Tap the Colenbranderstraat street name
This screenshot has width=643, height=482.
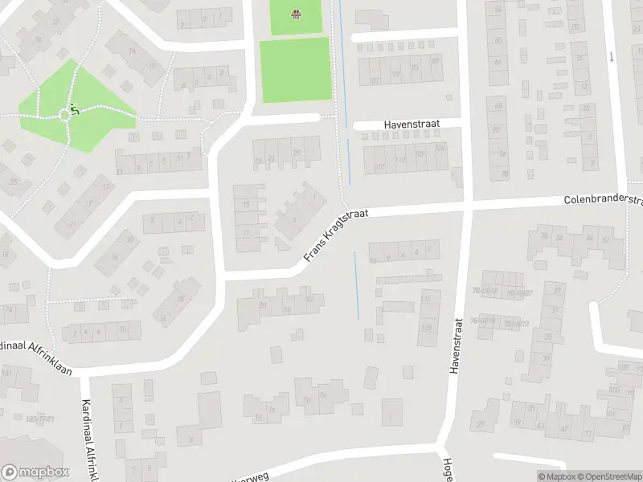point(604,198)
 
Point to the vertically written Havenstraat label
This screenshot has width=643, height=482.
point(455,343)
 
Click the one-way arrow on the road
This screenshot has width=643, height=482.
point(612,56)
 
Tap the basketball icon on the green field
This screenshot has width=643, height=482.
point(296,13)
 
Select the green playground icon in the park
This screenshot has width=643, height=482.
point(73,109)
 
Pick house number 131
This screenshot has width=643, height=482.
point(426,299)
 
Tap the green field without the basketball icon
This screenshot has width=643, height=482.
point(295,59)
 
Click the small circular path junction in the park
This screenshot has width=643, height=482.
point(65,116)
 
